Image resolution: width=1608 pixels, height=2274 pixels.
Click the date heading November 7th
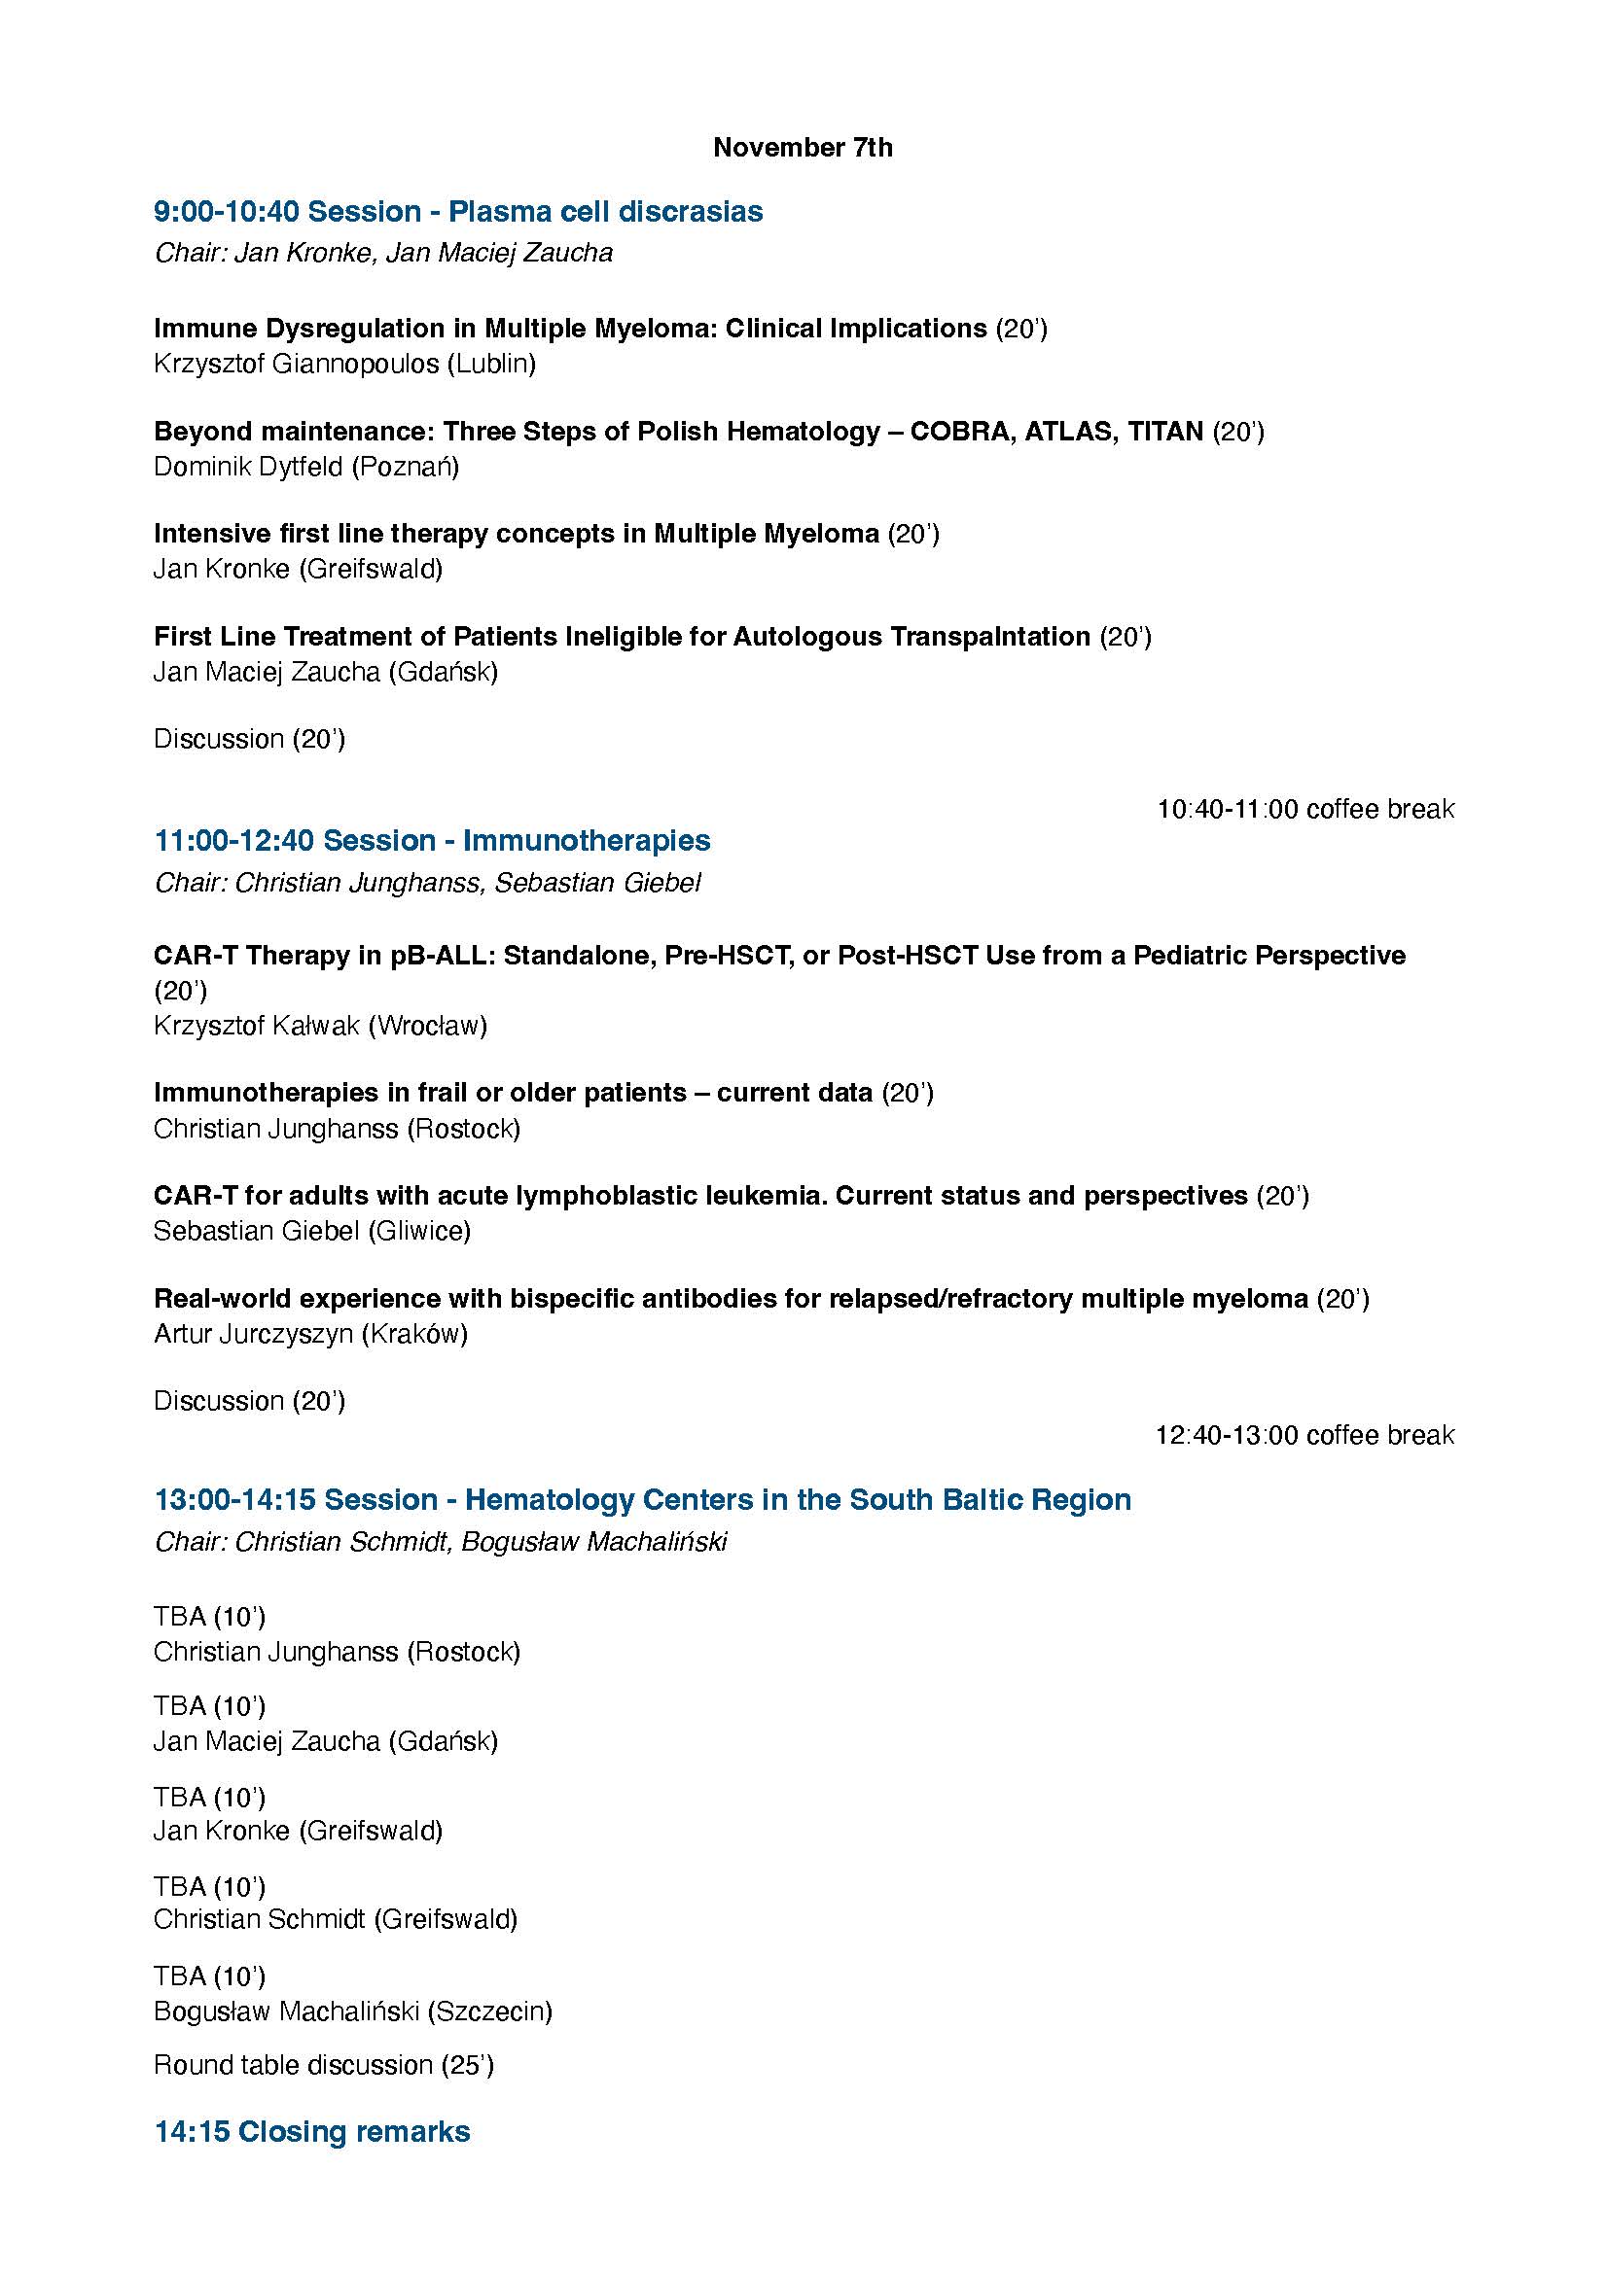(x=803, y=148)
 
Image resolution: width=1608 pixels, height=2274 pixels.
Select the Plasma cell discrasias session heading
(x=458, y=212)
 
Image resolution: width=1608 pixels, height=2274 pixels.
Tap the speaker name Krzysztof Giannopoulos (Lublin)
(x=343, y=364)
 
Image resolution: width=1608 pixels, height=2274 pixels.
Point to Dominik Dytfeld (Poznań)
(x=306, y=467)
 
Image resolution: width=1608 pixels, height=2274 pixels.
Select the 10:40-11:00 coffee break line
(x=1304, y=809)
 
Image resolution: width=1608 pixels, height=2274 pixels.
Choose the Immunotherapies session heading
(x=432, y=841)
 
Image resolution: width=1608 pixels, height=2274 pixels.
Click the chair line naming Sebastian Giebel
(x=427, y=883)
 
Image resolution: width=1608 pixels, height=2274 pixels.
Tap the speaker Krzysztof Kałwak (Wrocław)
(x=320, y=1026)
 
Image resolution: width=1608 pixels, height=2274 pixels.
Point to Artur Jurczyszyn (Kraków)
(x=310, y=1334)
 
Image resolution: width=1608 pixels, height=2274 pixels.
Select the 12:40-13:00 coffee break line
(x=1304, y=1435)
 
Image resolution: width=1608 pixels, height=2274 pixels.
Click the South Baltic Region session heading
(x=642, y=1500)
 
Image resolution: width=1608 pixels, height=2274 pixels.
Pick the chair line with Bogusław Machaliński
(x=441, y=1542)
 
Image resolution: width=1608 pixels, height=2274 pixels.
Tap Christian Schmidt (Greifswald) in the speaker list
(x=335, y=1919)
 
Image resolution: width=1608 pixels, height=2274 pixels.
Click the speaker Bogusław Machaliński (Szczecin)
(x=353, y=2012)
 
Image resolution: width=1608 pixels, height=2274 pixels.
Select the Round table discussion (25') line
(x=323, y=2065)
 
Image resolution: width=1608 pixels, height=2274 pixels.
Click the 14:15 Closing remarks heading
(x=312, y=2131)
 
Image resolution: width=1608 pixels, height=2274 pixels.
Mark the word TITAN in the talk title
(x=1164, y=432)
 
